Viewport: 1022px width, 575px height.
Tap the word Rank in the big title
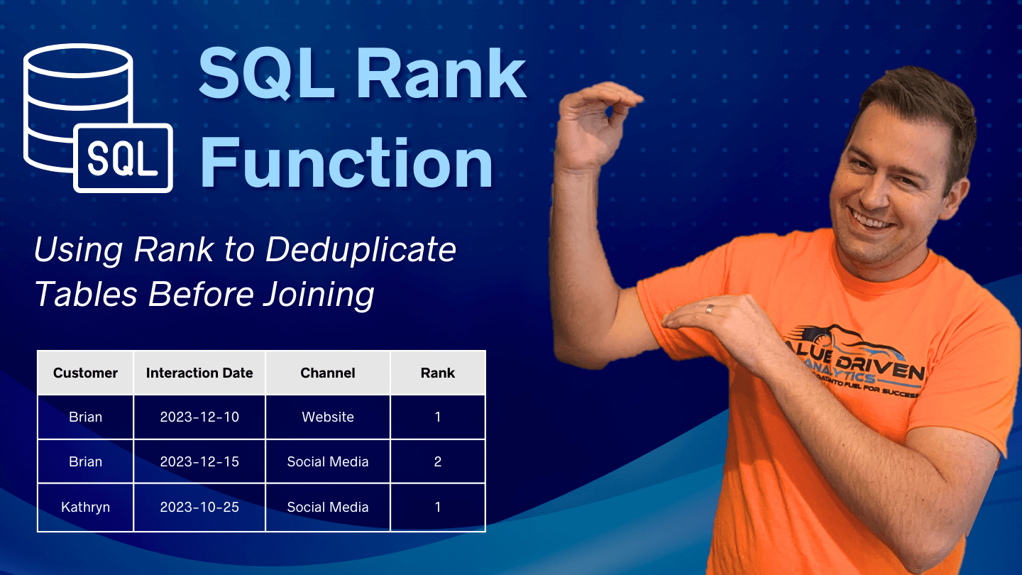[x=440, y=75]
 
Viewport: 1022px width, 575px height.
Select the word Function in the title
[x=346, y=163]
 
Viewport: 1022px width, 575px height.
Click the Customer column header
[x=85, y=373]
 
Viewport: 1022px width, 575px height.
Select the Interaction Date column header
[x=199, y=373]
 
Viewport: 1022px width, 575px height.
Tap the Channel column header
[x=328, y=373]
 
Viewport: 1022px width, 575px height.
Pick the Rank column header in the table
[x=438, y=373]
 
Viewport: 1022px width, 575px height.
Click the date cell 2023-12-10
[x=199, y=417]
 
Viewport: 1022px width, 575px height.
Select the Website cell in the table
[x=328, y=417]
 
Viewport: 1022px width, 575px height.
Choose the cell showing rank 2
[x=438, y=462]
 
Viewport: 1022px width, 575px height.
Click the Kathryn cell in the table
[x=85, y=508]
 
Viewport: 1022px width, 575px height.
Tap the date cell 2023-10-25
[x=199, y=508]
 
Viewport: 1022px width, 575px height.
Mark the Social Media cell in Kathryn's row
[x=328, y=508]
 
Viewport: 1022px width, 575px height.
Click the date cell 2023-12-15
[x=199, y=462]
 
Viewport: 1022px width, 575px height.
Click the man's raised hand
[x=596, y=121]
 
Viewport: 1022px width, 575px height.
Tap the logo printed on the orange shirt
[x=852, y=366]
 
